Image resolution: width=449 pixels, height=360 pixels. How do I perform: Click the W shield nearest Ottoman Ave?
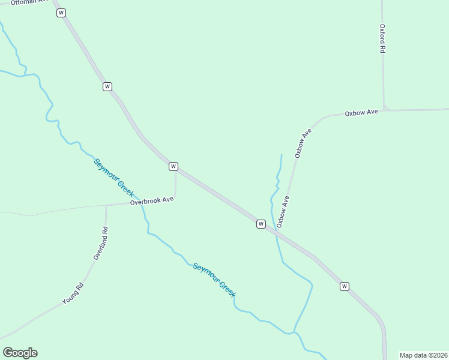tap(61, 13)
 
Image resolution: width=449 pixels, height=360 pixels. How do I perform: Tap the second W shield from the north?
tap(107, 86)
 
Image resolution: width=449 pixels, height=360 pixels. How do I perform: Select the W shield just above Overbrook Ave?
tap(173, 166)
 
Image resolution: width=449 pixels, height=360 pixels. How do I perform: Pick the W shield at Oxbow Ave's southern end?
tap(261, 224)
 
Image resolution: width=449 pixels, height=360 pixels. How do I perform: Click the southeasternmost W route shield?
tap(344, 286)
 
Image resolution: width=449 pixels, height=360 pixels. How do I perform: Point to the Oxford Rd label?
tap(382, 39)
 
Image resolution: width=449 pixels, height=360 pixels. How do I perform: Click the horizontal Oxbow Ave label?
tap(361, 113)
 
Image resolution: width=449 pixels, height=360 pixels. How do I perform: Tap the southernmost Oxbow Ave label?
tap(283, 211)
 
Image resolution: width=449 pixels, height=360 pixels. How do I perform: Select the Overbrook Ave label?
tap(152, 201)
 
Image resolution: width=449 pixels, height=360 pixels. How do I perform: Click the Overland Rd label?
tap(100, 243)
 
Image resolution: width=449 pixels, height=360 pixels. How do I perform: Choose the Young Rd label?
tap(73, 293)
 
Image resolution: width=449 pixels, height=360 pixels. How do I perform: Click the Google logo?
tap(20, 353)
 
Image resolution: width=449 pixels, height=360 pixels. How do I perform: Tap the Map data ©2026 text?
tap(423, 355)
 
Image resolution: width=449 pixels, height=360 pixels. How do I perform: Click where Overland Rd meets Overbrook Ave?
tap(106, 206)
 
